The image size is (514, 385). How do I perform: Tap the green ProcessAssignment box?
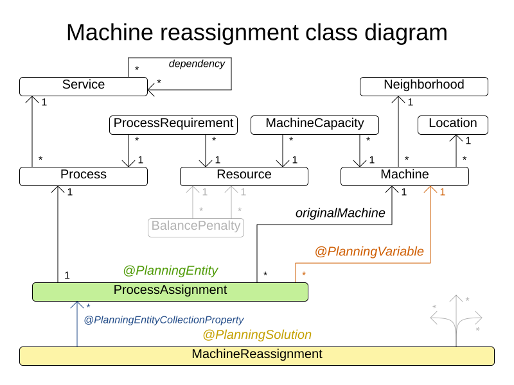[x=170, y=291]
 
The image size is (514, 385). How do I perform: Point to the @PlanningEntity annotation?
[x=170, y=271]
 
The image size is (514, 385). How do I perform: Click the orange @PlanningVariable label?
[x=369, y=252]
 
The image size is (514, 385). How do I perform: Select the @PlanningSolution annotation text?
[x=257, y=335]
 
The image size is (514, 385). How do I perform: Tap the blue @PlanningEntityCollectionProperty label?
[x=164, y=320]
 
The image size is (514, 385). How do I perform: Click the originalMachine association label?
[x=341, y=213]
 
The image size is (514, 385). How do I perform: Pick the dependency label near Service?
[x=197, y=64]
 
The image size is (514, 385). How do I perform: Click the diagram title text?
[x=257, y=32]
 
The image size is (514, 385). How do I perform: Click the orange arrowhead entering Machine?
[x=430, y=190]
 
